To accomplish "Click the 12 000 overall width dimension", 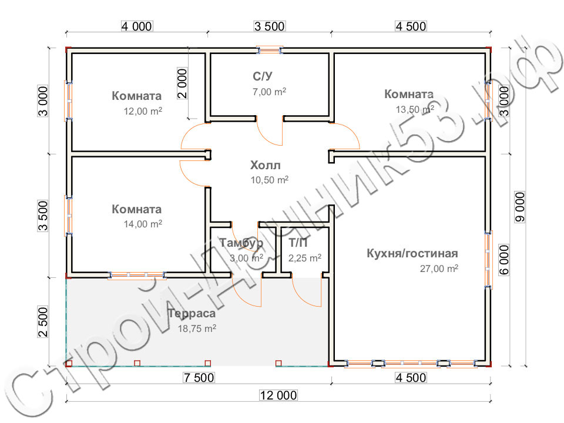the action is (x=278, y=395).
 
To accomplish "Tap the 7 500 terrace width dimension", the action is (x=199, y=378).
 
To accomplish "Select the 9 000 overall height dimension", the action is (x=520, y=207).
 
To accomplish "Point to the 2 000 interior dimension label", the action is (x=182, y=83).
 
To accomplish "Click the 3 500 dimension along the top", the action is (x=270, y=26).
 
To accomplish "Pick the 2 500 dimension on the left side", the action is (x=43, y=322).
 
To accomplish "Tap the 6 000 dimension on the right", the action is (x=504, y=260).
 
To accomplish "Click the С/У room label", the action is (x=263, y=76).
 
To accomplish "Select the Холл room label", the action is (x=266, y=166).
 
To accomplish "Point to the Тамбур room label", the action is (x=241, y=243).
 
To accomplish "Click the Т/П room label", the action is (x=298, y=243).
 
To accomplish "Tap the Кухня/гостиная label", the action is (x=412, y=253).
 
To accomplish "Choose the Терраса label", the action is (x=192, y=314).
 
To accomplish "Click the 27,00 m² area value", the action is (x=439, y=268).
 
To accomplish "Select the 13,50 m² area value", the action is (x=415, y=109).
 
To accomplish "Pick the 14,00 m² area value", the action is (x=143, y=224).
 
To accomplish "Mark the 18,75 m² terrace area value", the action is (x=197, y=328).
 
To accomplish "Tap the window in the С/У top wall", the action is (x=270, y=49).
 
